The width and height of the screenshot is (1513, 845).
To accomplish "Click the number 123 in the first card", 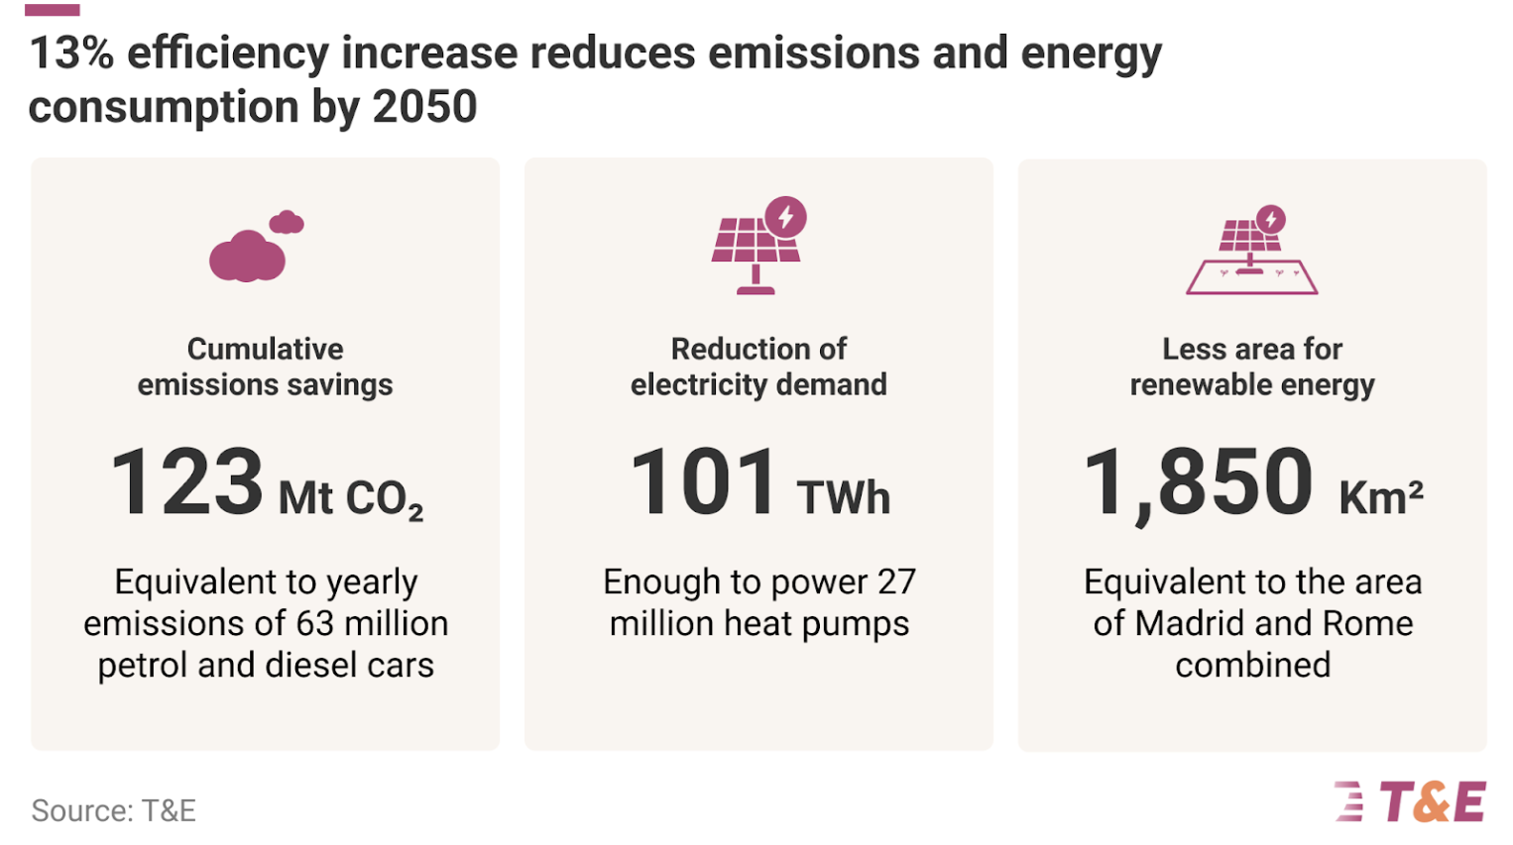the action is pos(186,481).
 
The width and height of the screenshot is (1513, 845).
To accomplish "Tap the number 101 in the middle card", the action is pos(703,481).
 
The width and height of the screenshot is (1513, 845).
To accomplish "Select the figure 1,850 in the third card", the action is pos(1198,484).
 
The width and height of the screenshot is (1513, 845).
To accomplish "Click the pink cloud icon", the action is pos(257,247).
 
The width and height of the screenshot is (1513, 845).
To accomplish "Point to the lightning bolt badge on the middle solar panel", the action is pos(785,217).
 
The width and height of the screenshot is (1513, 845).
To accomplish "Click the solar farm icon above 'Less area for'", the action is pos(1251,250).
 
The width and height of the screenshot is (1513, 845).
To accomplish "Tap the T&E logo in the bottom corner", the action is pos(1410,801).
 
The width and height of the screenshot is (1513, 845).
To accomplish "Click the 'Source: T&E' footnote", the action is pos(113,810).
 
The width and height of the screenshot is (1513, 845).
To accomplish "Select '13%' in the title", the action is pos(71,54).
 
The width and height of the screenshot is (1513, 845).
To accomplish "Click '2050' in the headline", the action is pos(425,107).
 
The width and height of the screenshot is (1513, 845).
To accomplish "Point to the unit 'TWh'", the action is pos(844,498).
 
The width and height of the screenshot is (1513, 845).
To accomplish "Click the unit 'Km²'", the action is pos(1381,498).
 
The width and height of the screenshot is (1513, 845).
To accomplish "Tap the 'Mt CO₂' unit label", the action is pos(351,500).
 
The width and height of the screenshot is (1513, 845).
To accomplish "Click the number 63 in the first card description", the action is pos(315,624).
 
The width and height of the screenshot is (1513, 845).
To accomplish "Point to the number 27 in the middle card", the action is pos(896,581).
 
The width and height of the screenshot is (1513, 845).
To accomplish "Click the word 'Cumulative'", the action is pos(266,349).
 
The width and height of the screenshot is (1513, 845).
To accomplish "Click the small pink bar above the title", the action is pos(52,10).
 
